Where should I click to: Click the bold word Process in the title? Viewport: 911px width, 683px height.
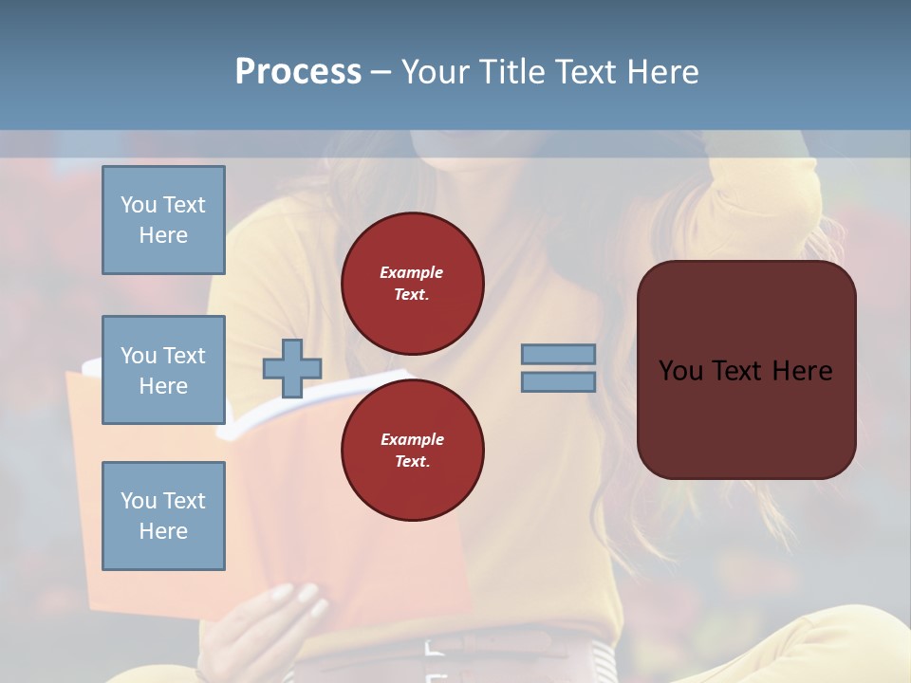click(x=298, y=71)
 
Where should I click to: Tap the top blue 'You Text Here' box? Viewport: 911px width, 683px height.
click(x=163, y=220)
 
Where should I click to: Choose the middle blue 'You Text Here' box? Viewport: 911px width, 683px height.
click(x=163, y=370)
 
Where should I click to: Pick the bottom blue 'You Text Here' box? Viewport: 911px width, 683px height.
click(x=163, y=515)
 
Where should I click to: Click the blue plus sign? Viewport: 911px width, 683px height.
click(x=292, y=368)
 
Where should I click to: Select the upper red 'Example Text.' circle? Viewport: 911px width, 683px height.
click(x=412, y=283)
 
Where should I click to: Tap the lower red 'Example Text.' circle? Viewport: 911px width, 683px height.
click(x=412, y=450)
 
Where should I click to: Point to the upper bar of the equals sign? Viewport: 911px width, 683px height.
click(x=558, y=354)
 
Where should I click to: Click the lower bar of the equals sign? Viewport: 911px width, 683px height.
click(x=558, y=381)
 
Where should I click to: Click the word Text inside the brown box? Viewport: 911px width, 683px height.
click(x=745, y=370)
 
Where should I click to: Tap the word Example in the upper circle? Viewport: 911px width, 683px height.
click(x=411, y=272)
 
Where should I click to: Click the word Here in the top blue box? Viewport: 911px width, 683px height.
click(x=163, y=235)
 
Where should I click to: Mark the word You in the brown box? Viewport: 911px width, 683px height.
click(x=681, y=370)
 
